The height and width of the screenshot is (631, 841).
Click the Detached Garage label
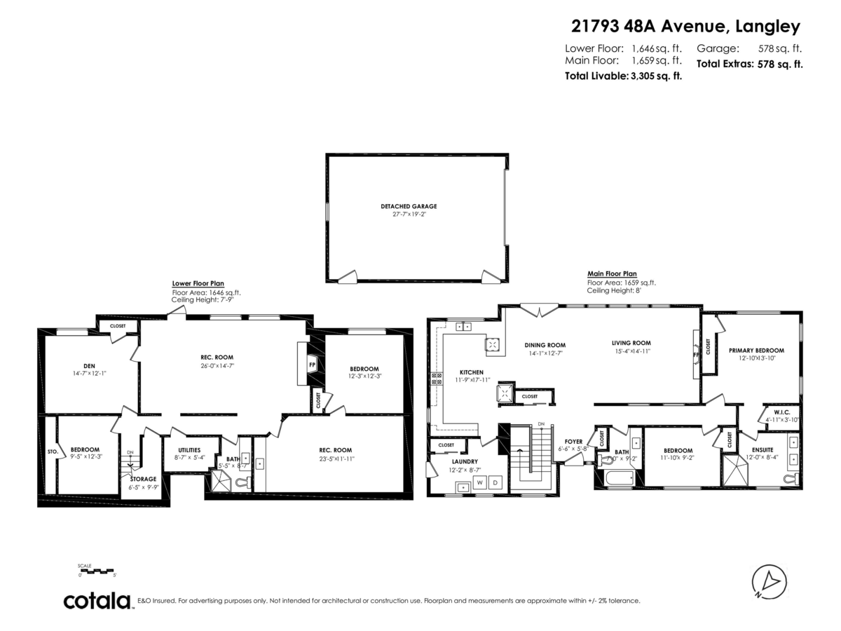coord(409,206)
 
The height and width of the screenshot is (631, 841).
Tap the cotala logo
coord(97,601)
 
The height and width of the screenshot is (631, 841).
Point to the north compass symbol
coord(769,582)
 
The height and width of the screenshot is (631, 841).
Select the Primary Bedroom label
coord(756,350)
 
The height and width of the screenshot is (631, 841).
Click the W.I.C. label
coord(782,412)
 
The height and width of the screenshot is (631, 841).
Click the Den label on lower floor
coord(89,365)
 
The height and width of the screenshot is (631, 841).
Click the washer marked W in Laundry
coord(481,483)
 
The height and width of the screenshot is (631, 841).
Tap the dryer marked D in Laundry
coord(495,483)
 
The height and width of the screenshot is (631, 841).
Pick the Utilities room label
coord(189,450)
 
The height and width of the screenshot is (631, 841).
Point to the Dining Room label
coord(545,345)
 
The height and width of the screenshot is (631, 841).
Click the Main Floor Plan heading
coord(612,274)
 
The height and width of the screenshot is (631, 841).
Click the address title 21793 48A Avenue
coord(685,27)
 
